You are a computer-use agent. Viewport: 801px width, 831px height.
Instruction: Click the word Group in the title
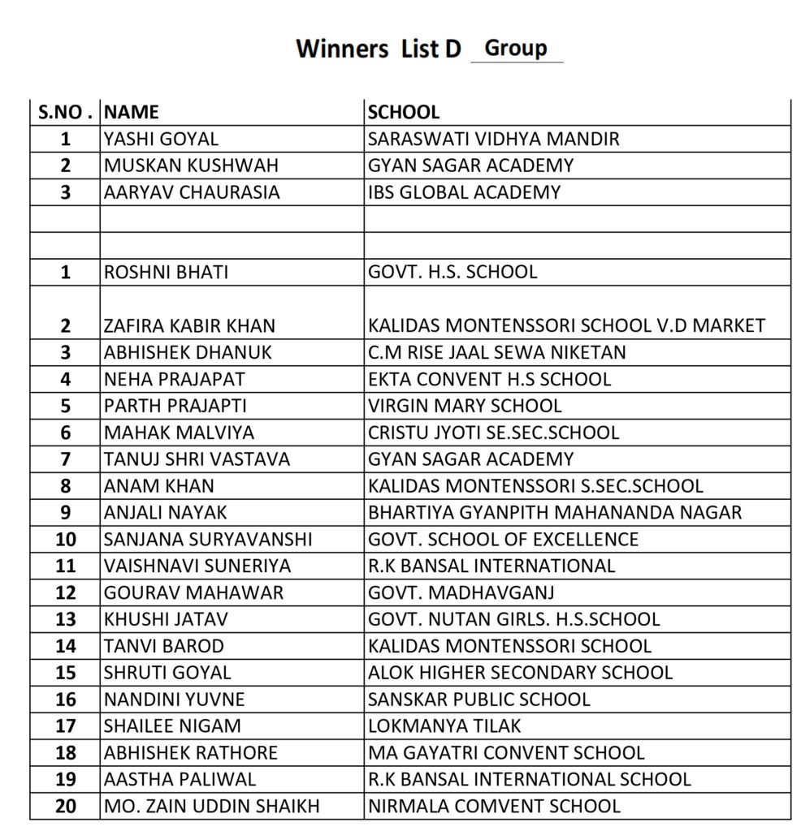[x=515, y=49]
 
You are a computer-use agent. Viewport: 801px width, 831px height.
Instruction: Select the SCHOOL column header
[x=404, y=112]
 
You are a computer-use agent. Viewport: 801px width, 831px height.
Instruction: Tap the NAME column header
[x=132, y=112]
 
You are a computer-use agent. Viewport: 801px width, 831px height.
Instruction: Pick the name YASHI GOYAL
[x=161, y=139]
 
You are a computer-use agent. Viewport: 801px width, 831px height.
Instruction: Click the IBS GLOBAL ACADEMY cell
[x=464, y=192]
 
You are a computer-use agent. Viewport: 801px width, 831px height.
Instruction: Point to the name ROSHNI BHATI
[x=166, y=272]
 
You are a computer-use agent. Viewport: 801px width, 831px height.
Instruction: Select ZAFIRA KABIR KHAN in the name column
[x=189, y=325]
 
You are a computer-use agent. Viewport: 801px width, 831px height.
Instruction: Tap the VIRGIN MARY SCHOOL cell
[x=465, y=406]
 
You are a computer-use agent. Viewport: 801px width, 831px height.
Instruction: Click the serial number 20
[x=66, y=806]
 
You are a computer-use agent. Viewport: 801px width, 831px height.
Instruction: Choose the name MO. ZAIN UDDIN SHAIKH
[x=211, y=806]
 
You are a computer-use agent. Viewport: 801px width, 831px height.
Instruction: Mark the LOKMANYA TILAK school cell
[x=444, y=726]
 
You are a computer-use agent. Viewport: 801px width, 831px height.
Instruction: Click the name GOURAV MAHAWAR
[x=193, y=592]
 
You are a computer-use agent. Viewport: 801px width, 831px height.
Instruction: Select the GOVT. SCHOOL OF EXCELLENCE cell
[x=503, y=539]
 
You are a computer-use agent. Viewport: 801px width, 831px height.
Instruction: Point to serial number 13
[x=66, y=619]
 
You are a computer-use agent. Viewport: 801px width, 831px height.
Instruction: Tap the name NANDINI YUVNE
[x=174, y=699]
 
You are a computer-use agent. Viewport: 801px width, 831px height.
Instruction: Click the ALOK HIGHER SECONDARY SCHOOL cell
[x=520, y=673]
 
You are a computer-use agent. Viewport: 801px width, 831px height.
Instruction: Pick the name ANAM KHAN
[x=159, y=486]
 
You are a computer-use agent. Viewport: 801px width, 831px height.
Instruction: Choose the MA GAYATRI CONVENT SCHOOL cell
[x=506, y=752]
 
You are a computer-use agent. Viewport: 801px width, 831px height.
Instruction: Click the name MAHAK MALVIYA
[x=179, y=433]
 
